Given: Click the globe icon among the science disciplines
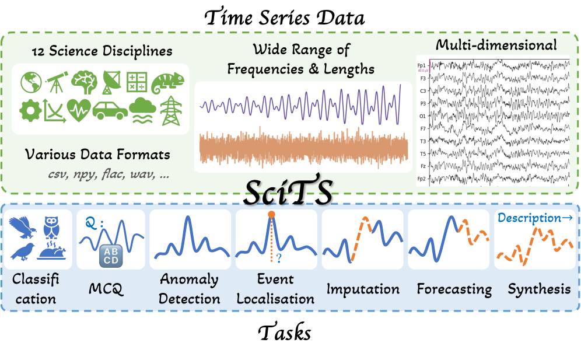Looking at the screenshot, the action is (x=31, y=82).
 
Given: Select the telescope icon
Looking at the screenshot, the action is (x=57, y=82).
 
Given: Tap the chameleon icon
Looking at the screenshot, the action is (x=167, y=83).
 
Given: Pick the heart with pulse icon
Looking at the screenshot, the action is (x=79, y=110).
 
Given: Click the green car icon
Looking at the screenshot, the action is (x=110, y=110).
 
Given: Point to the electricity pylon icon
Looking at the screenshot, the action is (x=171, y=110).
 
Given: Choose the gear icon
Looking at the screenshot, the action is (x=30, y=110).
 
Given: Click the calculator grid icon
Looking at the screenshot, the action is (x=137, y=82).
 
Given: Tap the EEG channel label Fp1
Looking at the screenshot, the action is (x=422, y=65).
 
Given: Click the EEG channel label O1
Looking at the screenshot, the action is (x=422, y=116).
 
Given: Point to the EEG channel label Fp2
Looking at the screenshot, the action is (x=422, y=179).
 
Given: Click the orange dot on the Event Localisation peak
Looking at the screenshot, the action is (x=272, y=214).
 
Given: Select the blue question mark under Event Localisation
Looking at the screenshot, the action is (x=279, y=258).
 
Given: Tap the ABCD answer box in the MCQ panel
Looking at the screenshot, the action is (x=111, y=256).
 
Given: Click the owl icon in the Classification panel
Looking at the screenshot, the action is (x=51, y=227).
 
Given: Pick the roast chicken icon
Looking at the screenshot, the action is (x=52, y=251).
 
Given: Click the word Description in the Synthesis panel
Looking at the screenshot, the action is (x=529, y=218).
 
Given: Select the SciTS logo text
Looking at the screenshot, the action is (x=288, y=193).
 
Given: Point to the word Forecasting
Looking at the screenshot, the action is (x=454, y=289).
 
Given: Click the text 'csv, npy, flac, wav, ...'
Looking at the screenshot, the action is (x=108, y=174).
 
